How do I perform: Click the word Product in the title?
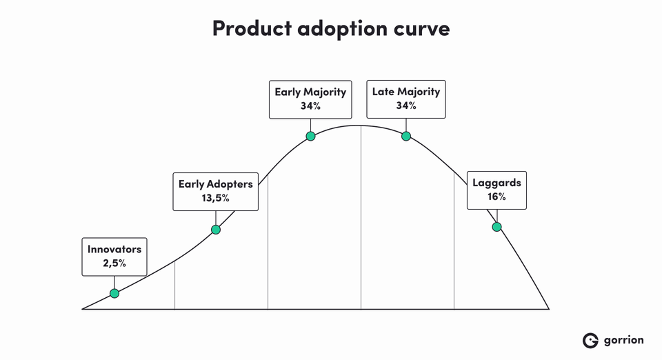point(252,28)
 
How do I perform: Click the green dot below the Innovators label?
point(114,293)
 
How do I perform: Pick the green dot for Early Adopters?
point(216,230)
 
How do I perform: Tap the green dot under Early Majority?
point(311,136)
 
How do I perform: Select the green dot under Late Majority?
point(406,136)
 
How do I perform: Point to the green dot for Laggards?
point(497,227)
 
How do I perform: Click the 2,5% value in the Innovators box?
point(114,263)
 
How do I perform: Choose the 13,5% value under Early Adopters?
point(215,197)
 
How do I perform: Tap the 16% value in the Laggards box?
point(496,197)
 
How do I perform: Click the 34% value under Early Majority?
point(310,106)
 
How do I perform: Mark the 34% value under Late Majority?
point(406,105)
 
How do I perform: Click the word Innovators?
point(114,249)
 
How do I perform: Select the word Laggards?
point(496,183)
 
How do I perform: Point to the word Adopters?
point(230,184)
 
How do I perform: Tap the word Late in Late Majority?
point(383,92)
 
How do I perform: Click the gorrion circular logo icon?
point(591,341)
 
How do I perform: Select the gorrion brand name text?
point(623,340)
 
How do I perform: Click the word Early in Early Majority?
point(288,92)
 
